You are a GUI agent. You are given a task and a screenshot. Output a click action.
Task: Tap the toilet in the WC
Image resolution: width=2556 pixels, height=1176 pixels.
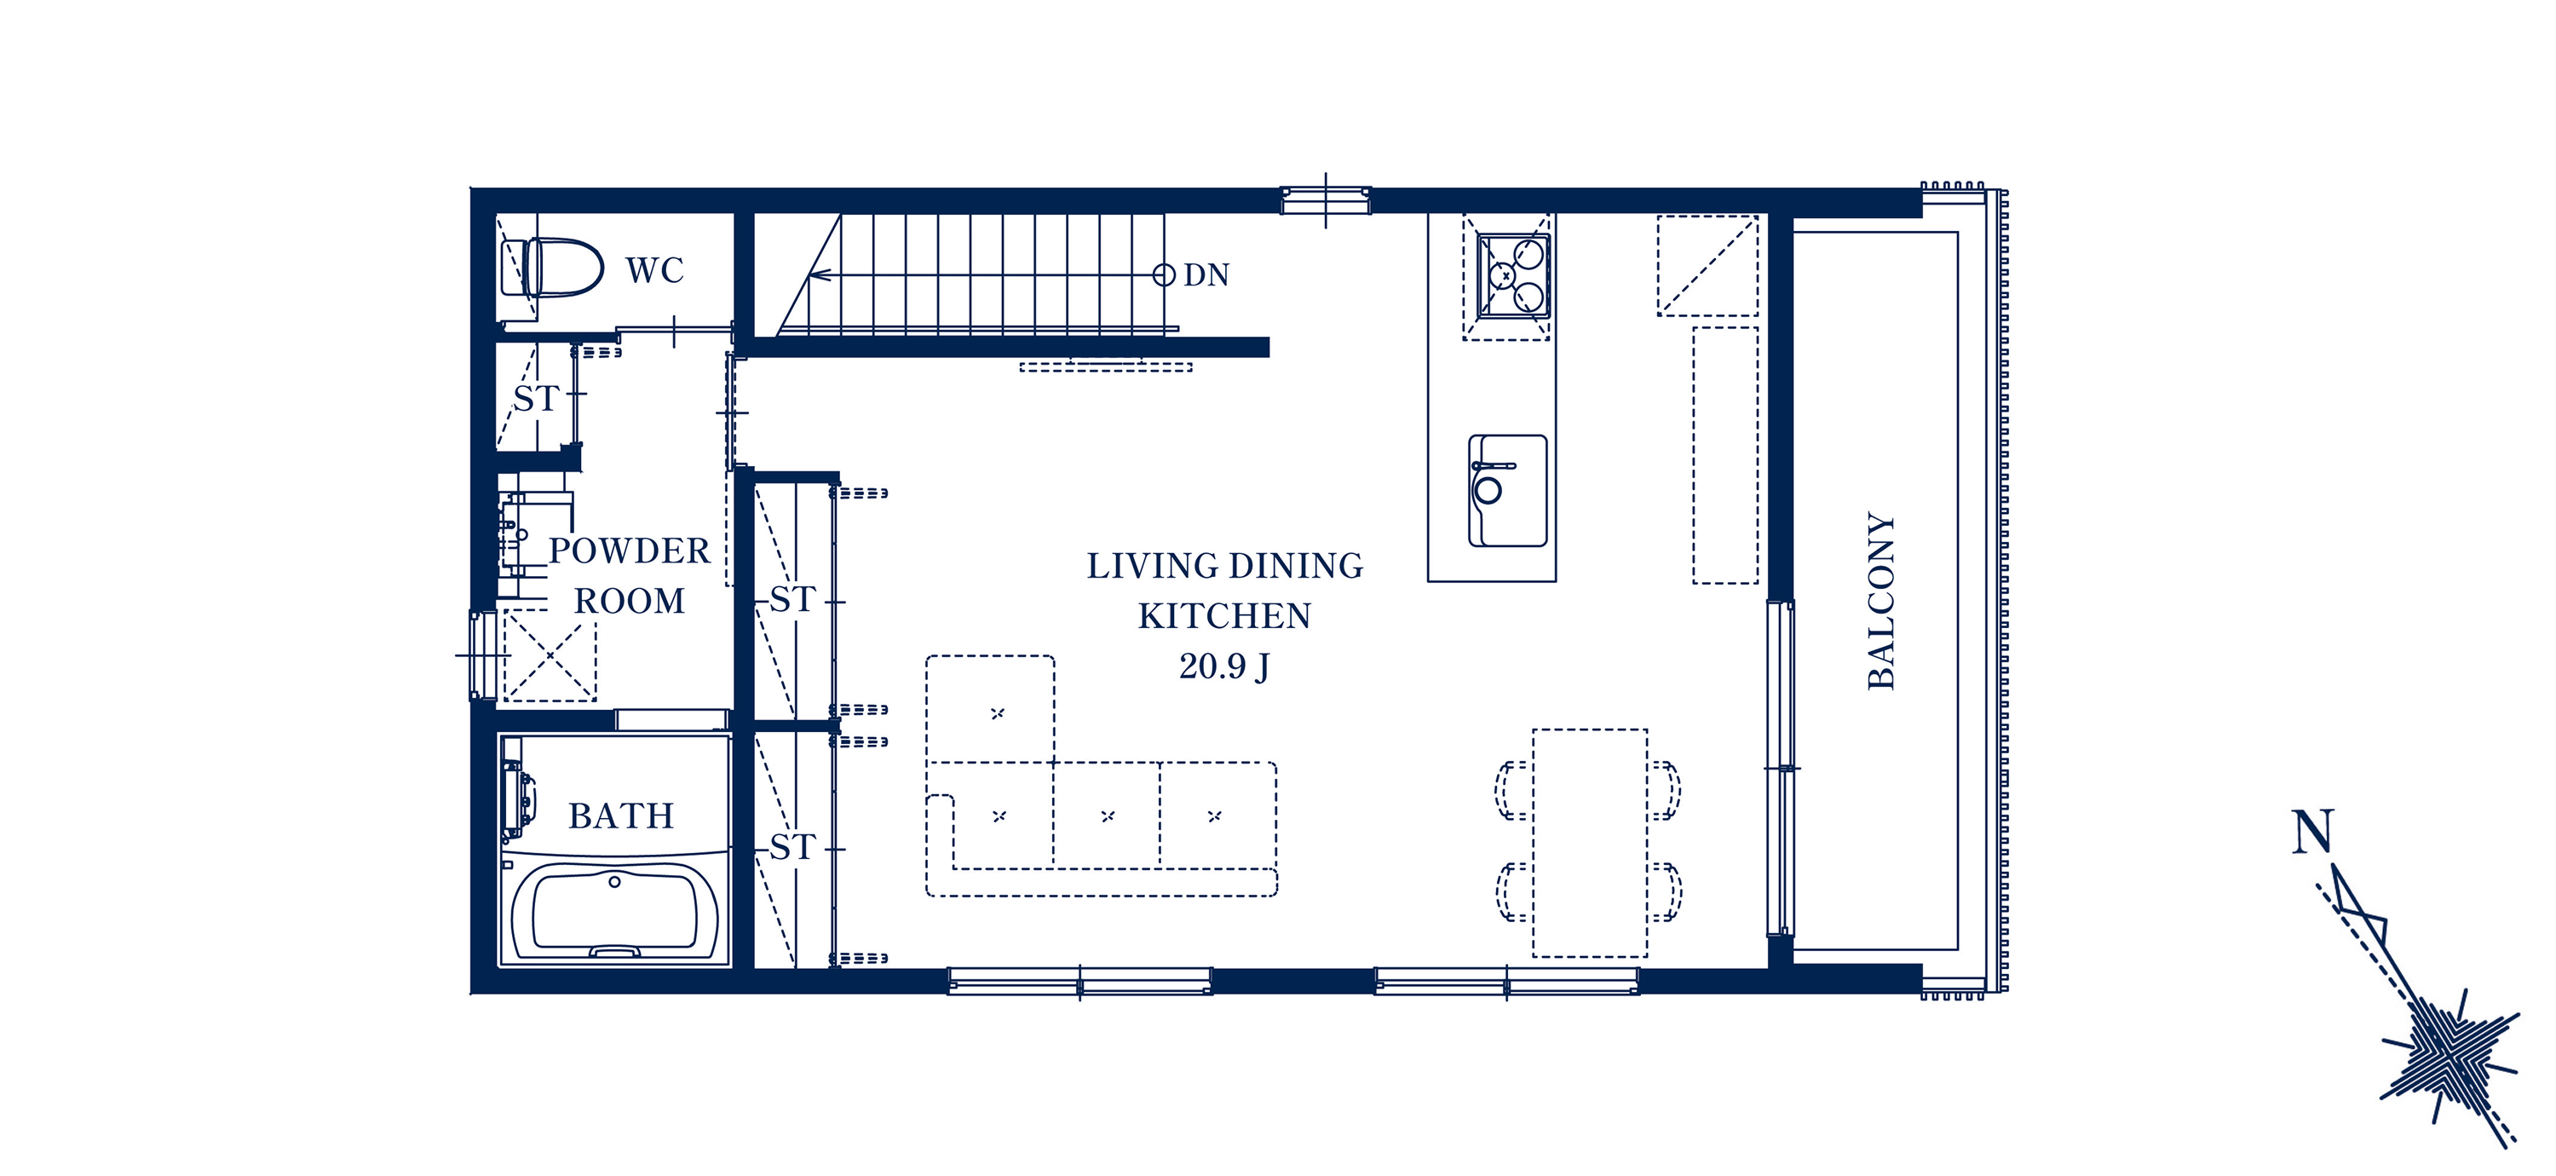tap(552, 267)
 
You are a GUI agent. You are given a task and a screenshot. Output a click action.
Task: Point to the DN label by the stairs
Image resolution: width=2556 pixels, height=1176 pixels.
tap(1206, 275)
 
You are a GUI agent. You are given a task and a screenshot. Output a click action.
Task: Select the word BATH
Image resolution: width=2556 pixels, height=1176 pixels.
tap(621, 816)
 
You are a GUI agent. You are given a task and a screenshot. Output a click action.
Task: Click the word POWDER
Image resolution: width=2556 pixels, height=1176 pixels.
tap(629, 551)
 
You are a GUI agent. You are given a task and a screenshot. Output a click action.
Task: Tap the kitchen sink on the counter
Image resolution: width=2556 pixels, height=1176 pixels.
tap(1507, 490)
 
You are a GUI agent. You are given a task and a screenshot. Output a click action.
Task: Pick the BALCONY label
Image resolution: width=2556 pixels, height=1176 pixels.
tap(1880, 601)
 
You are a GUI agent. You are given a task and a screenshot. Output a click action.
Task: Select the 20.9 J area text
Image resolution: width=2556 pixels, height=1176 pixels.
tap(1224, 666)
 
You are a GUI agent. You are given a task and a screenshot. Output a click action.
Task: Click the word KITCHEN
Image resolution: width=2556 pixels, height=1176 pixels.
tap(1224, 616)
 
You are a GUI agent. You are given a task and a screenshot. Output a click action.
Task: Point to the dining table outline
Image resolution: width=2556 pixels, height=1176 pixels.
tap(1590, 843)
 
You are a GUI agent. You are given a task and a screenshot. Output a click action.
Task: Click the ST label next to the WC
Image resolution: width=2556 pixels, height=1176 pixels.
tap(536, 399)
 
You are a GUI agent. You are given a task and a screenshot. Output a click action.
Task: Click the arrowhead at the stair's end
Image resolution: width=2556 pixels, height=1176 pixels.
tap(819, 275)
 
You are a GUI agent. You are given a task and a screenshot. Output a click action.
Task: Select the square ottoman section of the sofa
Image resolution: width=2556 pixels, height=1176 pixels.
tap(990, 708)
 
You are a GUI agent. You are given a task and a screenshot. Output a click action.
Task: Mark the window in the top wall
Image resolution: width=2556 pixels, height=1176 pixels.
tap(1326, 199)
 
